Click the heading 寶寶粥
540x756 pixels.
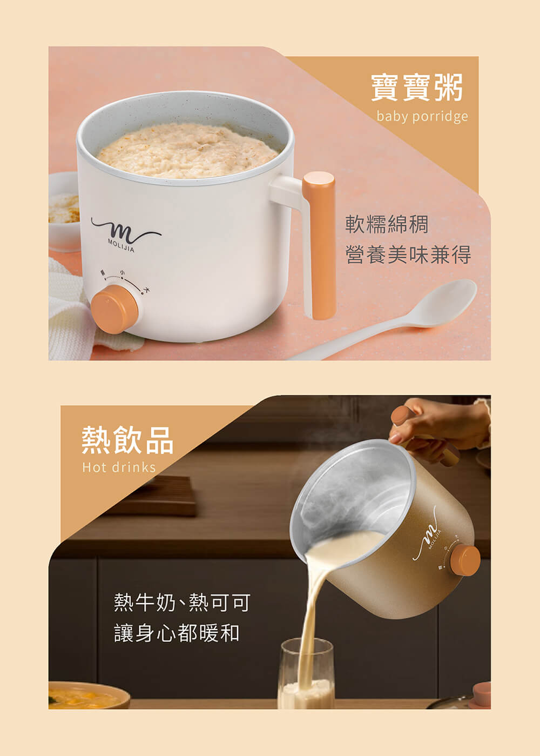(416, 88)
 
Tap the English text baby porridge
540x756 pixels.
(422, 117)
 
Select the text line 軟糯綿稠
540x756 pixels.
(387, 224)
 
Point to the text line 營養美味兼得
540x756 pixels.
(408, 255)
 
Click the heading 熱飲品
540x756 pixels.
(127, 440)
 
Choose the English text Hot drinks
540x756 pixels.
(119, 467)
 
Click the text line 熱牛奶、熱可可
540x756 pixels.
(182, 602)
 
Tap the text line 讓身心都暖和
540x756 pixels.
(177, 633)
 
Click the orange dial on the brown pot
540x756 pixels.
(465, 560)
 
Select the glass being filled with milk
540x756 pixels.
(307, 675)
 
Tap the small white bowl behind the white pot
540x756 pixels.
(63, 211)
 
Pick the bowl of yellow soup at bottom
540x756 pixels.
(86, 697)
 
